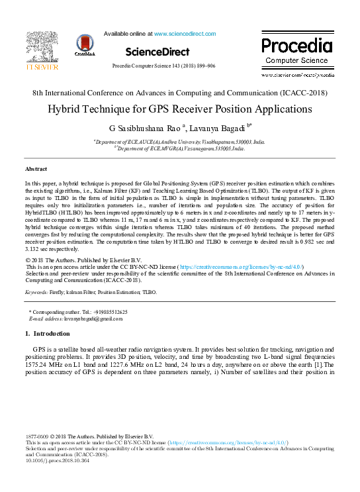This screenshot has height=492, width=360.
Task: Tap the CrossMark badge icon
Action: [85, 45]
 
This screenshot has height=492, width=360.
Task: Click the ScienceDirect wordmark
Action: [157, 52]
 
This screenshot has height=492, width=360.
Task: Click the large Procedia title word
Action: [296, 46]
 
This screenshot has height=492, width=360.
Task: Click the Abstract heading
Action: [37, 170]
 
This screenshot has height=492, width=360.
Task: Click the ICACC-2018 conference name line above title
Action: [179, 93]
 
